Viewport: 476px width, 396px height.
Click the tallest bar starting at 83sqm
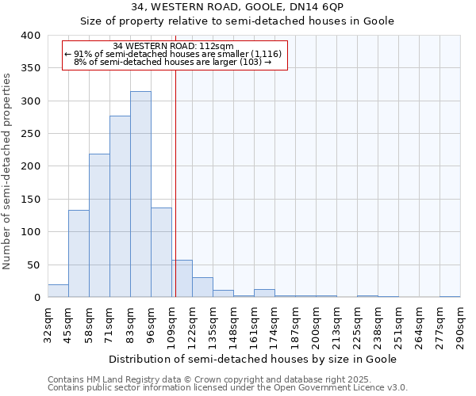(x=140, y=194)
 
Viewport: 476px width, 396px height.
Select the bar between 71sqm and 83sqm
(x=120, y=206)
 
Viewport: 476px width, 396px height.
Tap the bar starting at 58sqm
(x=99, y=226)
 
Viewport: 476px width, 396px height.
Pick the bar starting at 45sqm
(x=79, y=253)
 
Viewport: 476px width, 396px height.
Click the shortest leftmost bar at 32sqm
(x=58, y=291)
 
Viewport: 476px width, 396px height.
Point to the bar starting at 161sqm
(x=264, y=293)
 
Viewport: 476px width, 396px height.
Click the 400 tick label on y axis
(x=30, y=36)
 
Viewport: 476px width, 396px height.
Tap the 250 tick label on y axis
(x=30, y=134)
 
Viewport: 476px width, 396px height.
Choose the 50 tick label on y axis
(x=33, y=265)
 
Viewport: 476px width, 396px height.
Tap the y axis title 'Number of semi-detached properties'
(x=7, y=170)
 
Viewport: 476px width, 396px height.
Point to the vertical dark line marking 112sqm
(x=175, y=198)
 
